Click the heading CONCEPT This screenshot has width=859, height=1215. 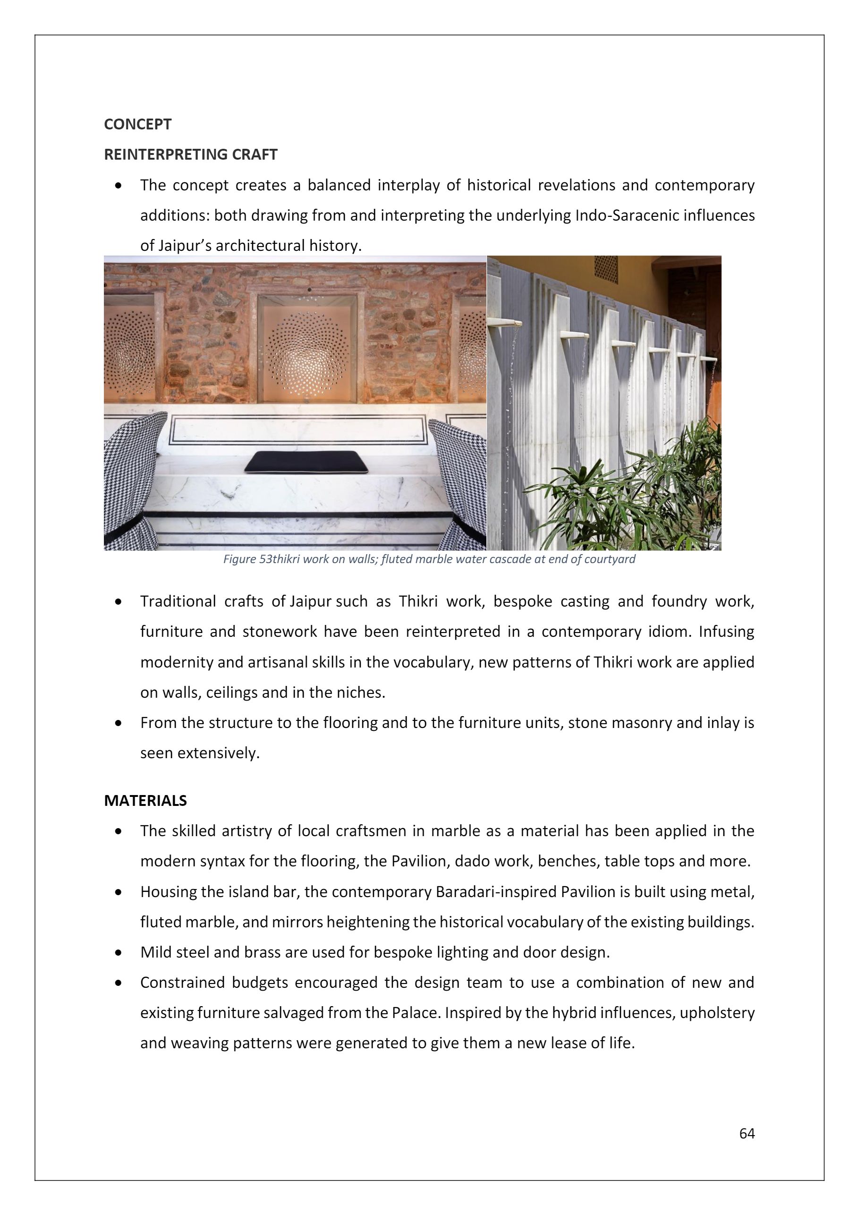click(137, 124)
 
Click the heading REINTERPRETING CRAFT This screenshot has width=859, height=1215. click(190, 154)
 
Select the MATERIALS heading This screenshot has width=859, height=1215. click(145, 801)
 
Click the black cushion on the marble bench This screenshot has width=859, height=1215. click(307, 462)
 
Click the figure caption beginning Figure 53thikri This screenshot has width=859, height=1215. click(429, 559)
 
